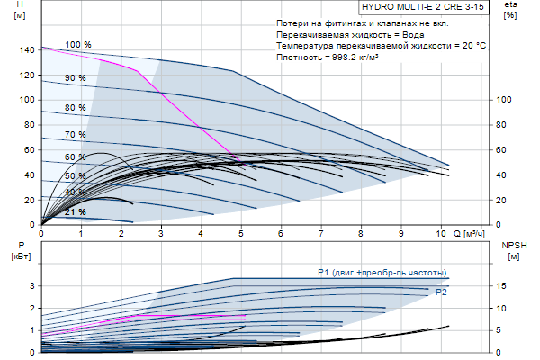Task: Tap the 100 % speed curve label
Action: click(78, 44)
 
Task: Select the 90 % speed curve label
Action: click(76, 78)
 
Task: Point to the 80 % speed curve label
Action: click(76, 108)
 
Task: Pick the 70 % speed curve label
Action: click(76, 135)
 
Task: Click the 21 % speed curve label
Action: click(76, 212)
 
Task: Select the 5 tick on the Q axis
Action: click(240, 234)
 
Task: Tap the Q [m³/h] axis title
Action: click(477, 234)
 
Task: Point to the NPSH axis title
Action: click(512, 244)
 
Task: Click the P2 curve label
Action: click(441, 292)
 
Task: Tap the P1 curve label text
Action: click(382, 272)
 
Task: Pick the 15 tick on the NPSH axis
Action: click(503, 286)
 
